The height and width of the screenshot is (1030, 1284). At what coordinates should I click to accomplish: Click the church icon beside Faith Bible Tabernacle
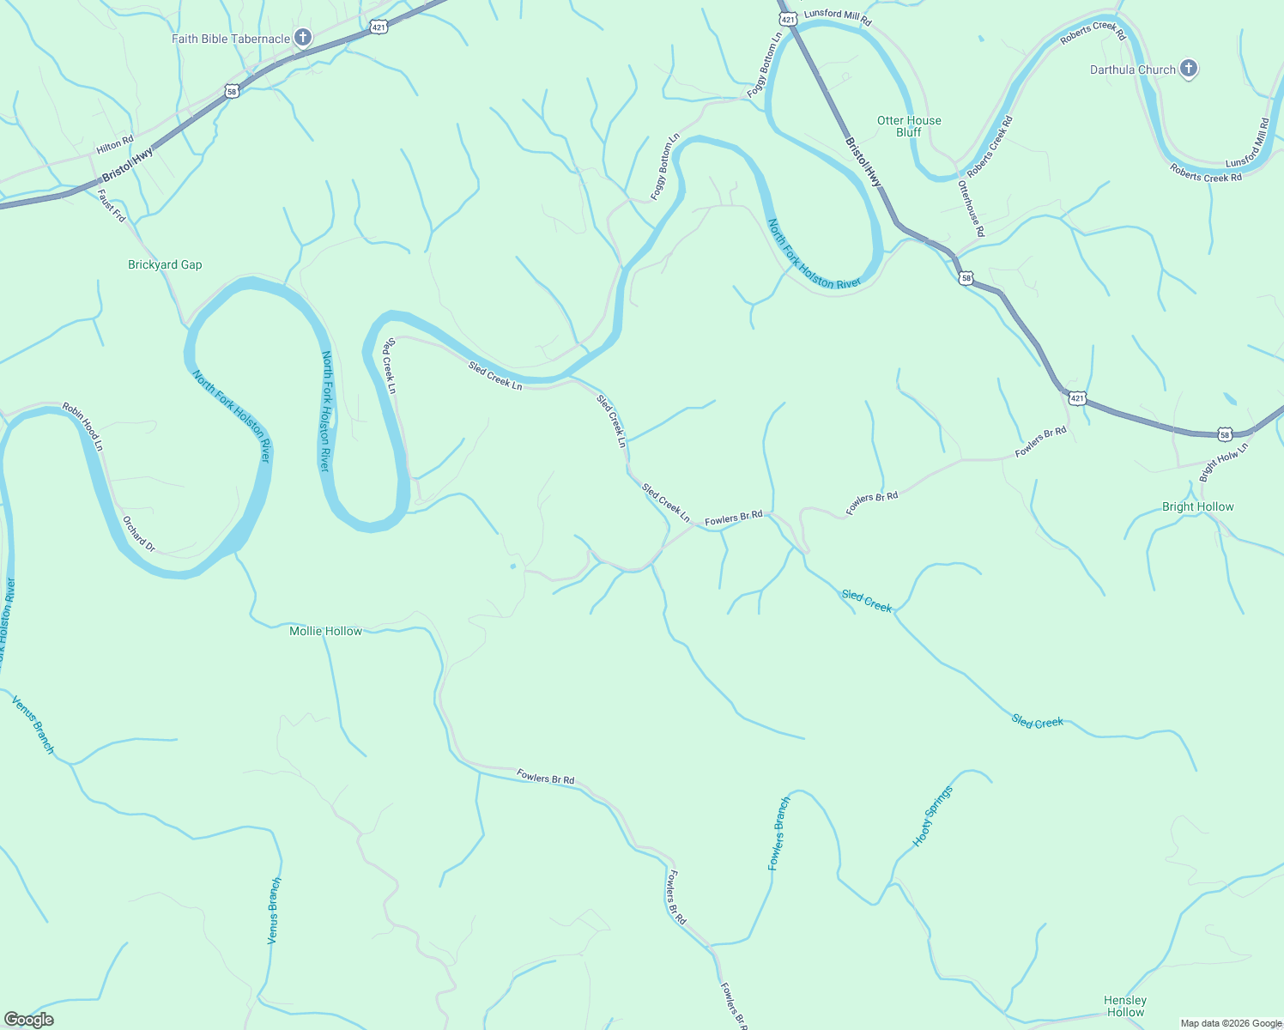click(302, 38)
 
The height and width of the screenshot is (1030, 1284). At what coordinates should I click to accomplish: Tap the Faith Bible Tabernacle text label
click(231, 39)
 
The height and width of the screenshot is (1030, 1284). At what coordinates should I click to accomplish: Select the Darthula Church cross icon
click(1189, 69)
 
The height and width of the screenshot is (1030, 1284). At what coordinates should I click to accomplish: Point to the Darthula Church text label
click(1132, 70)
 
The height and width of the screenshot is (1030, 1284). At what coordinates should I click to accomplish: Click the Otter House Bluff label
click(909, 126)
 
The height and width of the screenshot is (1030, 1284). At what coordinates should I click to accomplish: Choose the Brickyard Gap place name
click(165, 264)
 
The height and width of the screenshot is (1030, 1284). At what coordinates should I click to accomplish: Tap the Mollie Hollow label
click(326, 631)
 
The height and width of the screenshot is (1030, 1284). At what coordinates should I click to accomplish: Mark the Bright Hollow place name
click(1197, 506)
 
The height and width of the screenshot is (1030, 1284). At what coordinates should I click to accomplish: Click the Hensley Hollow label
click(1125, 1006)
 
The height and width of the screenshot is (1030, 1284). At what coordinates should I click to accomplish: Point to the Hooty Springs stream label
click(932, 816)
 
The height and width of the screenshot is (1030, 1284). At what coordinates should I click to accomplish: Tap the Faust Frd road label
click(112, 206)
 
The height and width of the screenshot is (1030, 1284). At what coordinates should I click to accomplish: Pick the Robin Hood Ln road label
click(82, 427)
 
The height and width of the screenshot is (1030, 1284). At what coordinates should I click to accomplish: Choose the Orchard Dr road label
click(138, 534)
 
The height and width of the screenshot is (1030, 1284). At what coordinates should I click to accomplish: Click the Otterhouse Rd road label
click(972, 209)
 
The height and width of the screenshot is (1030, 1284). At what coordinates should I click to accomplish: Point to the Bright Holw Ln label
click(1223, 461)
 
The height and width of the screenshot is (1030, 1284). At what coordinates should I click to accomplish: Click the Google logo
click(28, 1020)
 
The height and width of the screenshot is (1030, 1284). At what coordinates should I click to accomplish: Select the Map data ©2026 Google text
click(1230, 1023)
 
